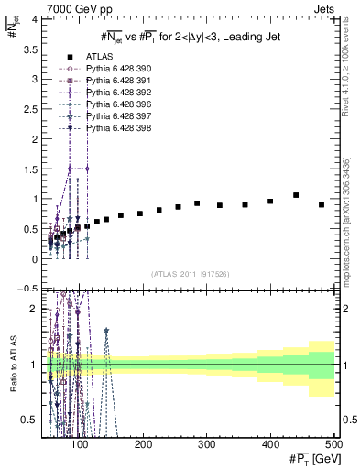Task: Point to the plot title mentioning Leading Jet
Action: click(190, 36)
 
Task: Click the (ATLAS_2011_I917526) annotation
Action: click(189, 274)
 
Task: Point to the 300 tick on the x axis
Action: click(207, 443)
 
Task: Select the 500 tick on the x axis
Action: click(333, 443)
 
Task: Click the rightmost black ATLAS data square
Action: click(322, 205)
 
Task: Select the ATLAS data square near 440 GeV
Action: click(296, 195)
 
